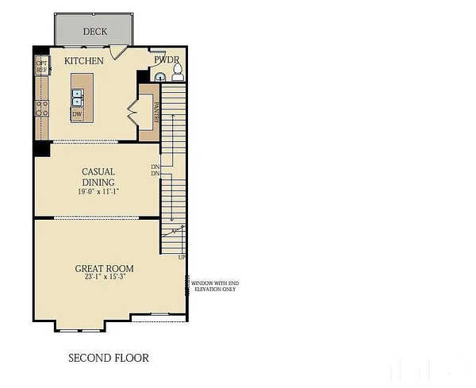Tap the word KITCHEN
click(x=84, y=61)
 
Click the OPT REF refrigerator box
click(x=41, y=67)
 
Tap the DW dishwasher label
click(x=77, y=113)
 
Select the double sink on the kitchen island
click(x=78, y=98)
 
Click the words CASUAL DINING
click(x=98, y=176)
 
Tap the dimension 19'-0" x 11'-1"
click(x=98, y=192)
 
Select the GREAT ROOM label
click(x=102, y=269)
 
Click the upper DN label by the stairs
click(x=155, y=167)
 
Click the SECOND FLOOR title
click(x=108, y=358)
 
